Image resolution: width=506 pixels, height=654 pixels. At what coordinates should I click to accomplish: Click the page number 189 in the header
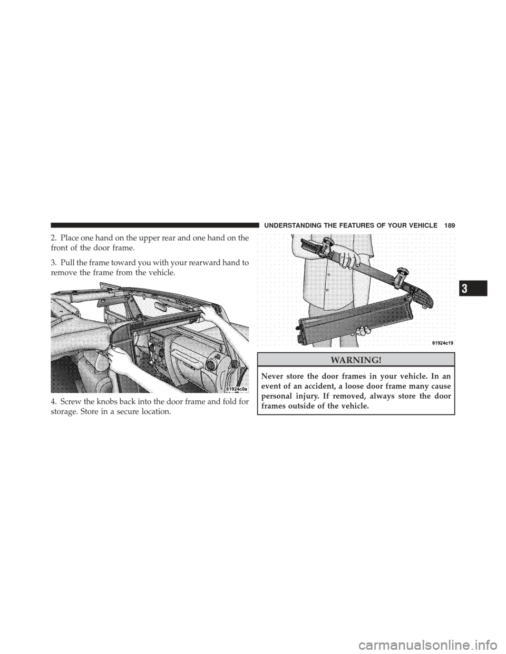[449, 225]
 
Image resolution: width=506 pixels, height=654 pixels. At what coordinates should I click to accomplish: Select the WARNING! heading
[356, 359]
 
